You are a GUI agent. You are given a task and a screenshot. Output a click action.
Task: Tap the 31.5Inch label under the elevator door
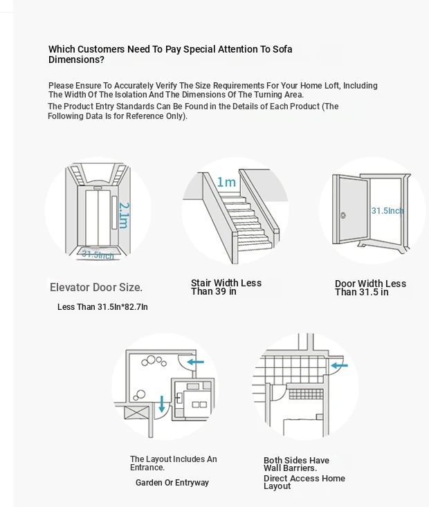click(x=98, y=255)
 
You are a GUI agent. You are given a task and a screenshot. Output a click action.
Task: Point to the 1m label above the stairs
click(x=226, y=182)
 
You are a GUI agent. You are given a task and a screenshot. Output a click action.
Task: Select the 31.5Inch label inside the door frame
click(x=387, y=211)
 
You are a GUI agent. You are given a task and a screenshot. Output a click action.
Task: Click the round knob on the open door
click(x=343, y=215)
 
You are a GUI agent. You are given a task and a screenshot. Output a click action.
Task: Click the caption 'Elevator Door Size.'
click(x=96, y=287)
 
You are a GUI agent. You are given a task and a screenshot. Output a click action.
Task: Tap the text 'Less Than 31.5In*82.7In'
click(x=102, y=307)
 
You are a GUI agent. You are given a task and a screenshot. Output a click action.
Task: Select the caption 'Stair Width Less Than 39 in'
click(x=226, y=287)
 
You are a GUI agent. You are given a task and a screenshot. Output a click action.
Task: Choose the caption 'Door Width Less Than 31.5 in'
click(x=370, y=288)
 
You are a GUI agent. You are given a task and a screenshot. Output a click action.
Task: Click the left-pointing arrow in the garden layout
click(x=196, y=362)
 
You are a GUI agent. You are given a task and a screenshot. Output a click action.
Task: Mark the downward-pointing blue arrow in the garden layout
click(x=162, y=404)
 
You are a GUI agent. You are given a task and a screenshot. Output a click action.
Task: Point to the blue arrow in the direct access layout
click(x=339, y=366)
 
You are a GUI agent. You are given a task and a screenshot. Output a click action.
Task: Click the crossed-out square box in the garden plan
click(x=137, y=413)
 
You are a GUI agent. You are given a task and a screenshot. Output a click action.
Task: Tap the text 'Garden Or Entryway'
click(x=172, y=482)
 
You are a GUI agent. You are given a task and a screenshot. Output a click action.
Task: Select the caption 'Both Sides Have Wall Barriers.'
click(x=296, y=464)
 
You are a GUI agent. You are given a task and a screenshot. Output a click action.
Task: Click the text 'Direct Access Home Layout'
click(x=304, y=482)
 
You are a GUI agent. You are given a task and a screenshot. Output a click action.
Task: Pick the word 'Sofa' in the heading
click(x=282, y=49)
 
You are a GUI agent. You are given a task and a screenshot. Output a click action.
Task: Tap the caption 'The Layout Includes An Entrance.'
click(x=174, y=463)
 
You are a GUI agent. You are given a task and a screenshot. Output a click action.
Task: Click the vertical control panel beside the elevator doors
click(x=114, y=212)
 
